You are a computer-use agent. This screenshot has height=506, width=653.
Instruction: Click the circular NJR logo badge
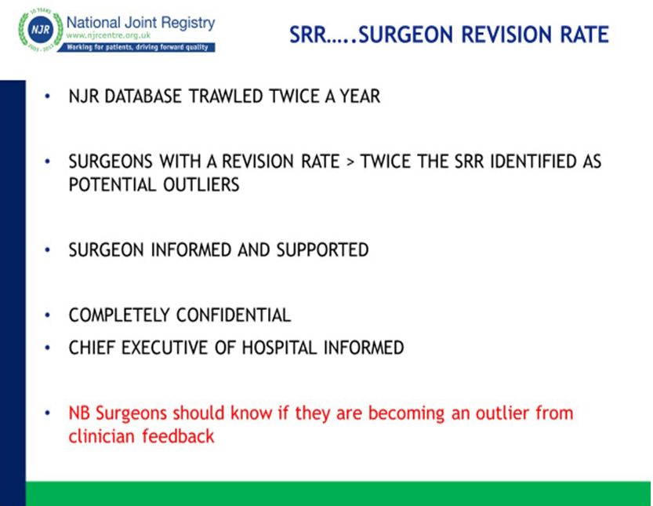[x=41, y=30]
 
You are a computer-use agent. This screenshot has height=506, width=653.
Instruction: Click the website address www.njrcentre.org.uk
[x=108, y=35]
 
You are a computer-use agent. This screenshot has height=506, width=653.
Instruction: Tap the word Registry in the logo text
[x=188, y=24]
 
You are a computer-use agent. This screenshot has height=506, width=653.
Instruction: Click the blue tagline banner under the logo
[x=136, y=47]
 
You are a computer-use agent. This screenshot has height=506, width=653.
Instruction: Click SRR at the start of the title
[x=308, y=35]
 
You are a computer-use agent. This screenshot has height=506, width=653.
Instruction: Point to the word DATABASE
[x=143, y=96]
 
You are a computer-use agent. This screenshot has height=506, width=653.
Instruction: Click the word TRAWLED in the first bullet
[x=225, y=96]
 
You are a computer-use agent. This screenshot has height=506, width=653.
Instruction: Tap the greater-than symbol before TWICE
[x=350, y=162]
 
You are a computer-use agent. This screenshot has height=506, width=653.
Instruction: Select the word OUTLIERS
[x=201, y=184]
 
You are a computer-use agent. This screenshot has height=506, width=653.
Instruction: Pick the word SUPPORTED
[x=322, y=250]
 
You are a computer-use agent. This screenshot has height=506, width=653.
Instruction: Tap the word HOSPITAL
[x=279, y=348]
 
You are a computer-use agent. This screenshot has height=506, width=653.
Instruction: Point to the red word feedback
[x=178, y=436]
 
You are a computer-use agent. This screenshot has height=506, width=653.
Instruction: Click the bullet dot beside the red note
[x=48, y=413]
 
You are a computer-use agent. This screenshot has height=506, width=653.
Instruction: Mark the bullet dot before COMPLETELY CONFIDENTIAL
[x=48, y=315]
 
